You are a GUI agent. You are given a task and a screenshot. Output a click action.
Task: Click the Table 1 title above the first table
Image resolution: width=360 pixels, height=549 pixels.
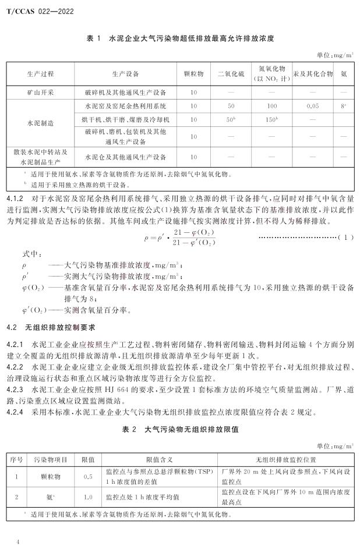tap(180, 38)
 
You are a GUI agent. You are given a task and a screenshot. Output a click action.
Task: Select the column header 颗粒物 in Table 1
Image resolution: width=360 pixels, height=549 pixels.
tap(193, 74)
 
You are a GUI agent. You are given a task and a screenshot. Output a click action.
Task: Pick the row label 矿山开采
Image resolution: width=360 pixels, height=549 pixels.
tap(40, 92)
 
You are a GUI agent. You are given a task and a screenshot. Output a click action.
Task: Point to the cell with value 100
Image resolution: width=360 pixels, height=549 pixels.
tap(272, 106)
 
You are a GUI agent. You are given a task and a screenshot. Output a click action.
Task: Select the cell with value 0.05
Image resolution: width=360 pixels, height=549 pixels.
tap(313, 106)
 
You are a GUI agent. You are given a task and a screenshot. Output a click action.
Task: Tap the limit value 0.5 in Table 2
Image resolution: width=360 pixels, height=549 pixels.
tap(88, 476)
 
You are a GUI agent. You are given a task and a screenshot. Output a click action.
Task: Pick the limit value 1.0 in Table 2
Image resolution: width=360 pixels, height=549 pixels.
tap(88, 497)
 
